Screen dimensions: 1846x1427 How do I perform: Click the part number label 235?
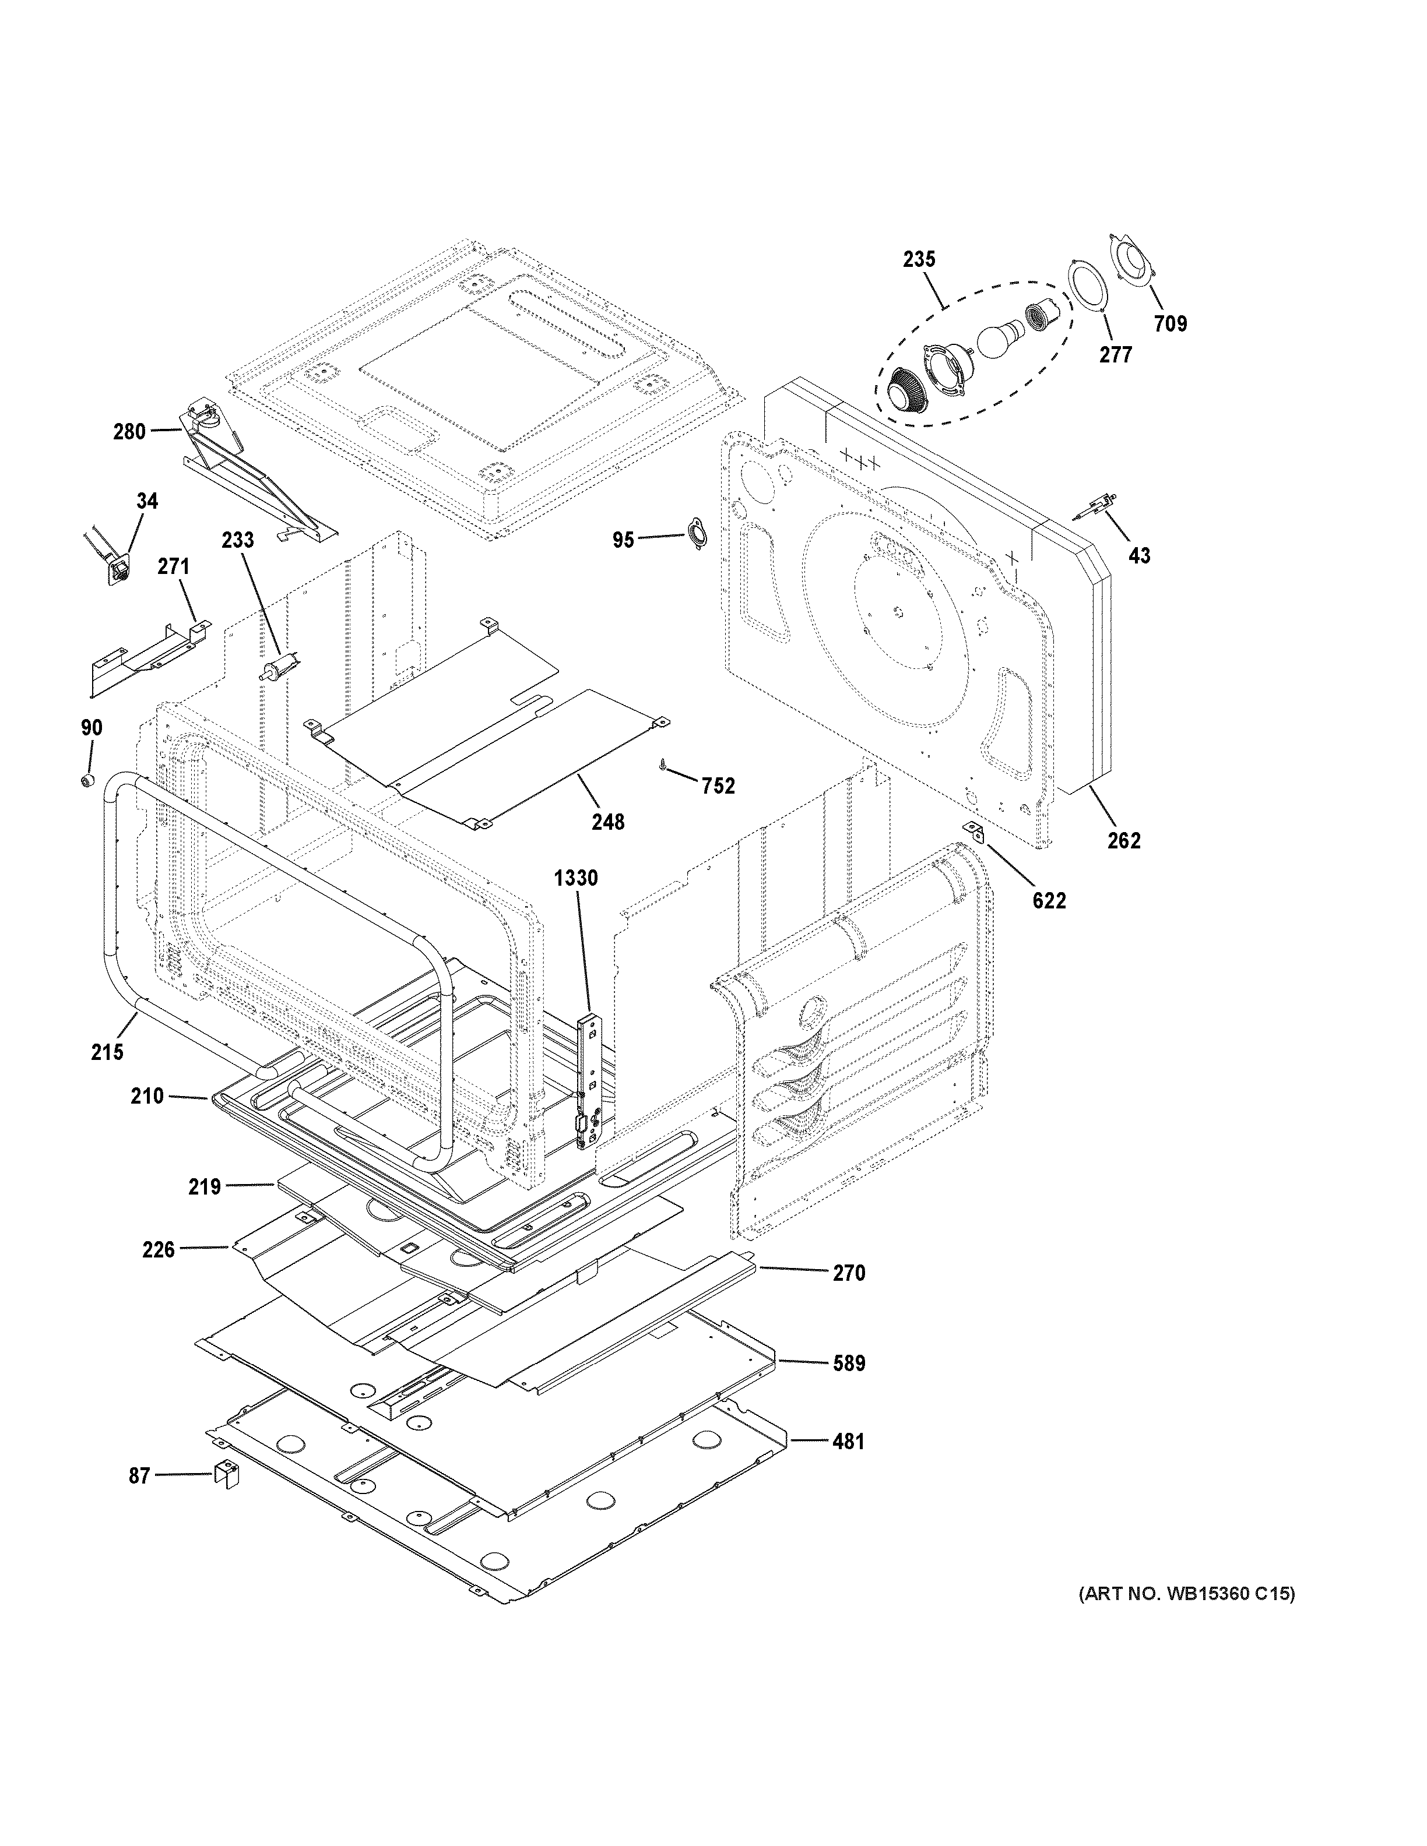click(919, 259)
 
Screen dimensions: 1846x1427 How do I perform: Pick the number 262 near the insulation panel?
click(1123, 840)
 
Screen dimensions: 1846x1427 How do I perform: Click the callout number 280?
click(129, 432)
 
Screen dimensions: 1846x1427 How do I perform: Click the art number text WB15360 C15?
click(1186, 1594)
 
